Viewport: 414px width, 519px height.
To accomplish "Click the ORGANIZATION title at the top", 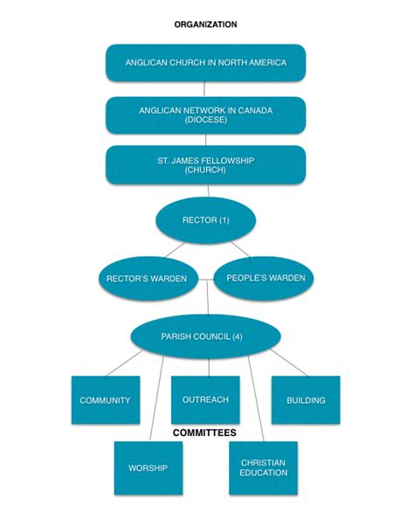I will (205, 24).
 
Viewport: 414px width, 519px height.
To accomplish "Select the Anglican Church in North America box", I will (205, 63).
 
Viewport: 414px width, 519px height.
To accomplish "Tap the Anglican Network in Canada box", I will (205, 114).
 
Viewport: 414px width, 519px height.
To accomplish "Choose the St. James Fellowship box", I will (205, 164).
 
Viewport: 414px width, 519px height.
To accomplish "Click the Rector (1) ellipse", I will (205, 220).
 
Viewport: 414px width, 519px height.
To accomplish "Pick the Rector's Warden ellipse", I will (147, 279).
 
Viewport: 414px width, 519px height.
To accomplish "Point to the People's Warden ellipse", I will (264, 278).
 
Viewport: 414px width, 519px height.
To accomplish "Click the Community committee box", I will (105, 400).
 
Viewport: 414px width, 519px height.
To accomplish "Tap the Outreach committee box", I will (205, 399).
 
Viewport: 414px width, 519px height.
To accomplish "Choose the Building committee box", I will (306, 400).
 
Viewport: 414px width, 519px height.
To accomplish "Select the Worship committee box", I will (148, 468).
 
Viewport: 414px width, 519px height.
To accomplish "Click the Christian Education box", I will (263, 467).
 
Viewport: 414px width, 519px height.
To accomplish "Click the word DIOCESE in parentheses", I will (205, 121).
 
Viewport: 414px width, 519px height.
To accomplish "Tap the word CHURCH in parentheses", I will (205, 170).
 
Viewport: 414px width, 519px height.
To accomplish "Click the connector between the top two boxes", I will (205, 88).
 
